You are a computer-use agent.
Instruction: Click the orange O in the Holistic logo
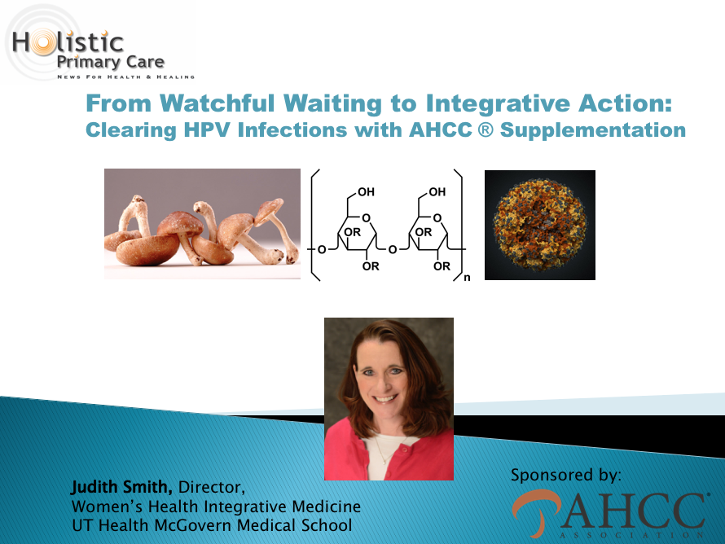tap(44, 42)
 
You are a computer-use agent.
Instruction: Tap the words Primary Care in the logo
tap(111, 63)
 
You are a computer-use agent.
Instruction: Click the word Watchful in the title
tap(217, 103)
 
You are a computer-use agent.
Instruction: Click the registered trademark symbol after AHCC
tap(486, 129)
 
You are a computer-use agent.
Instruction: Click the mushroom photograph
tap(202, 224)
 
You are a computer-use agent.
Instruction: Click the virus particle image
tap(539, 225)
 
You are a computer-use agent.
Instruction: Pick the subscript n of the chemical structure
tap(467, 278)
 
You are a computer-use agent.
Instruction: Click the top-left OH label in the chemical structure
tap(367, 192)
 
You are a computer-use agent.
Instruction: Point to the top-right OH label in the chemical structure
tap(437, 192)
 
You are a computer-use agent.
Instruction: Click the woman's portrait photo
tap(389, 399)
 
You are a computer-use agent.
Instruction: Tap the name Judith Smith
tap(122, 487)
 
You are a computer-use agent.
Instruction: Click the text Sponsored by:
tap(566, 476)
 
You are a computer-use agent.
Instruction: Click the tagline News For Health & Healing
tap(125, 77)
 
